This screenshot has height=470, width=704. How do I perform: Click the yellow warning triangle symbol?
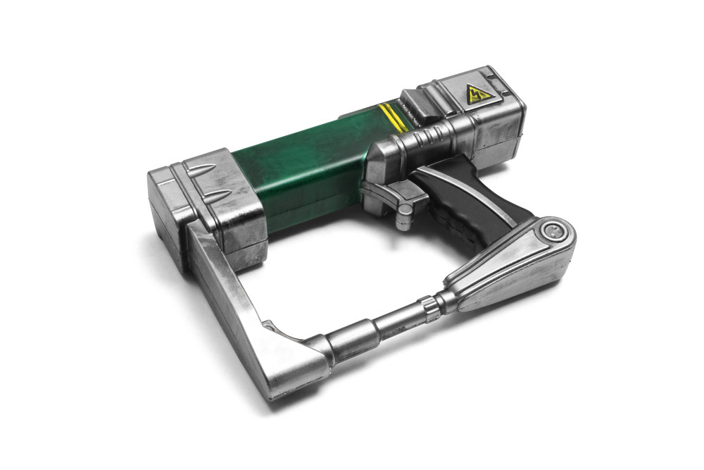(x=479, y=93)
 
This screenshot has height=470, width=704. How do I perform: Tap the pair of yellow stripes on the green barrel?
(x=393, y=118)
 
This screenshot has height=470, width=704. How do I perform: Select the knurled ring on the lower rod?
(x=429, y=308)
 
